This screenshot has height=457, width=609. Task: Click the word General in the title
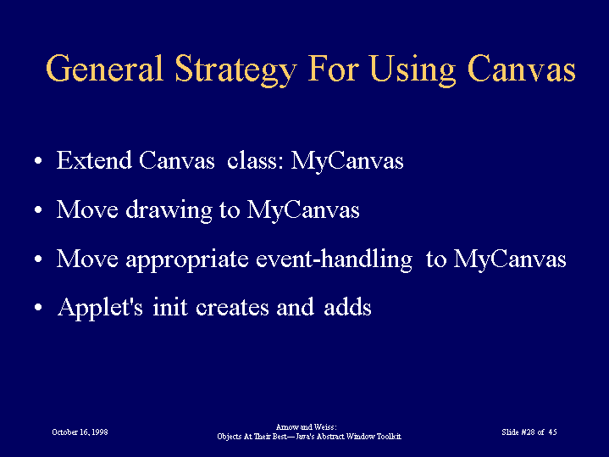click(104, 69)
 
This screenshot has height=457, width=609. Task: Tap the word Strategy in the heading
click(235, 70)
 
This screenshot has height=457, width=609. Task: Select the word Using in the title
click(412, 70)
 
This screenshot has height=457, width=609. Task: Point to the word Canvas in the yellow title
click(521, 69)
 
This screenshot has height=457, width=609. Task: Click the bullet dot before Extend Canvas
click(37, 160)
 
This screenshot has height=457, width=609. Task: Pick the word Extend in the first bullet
click(94, 160)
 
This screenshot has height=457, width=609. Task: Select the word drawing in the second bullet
click(169, 210)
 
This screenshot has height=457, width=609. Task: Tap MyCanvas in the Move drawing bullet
click(303, 210)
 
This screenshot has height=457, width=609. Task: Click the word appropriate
click(187, 259)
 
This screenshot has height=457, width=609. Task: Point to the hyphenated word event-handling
click(334, 259)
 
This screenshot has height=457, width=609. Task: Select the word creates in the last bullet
click(232, 308)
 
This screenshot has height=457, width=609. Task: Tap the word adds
click(347, 307)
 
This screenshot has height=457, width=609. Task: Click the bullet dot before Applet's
click(37, 307)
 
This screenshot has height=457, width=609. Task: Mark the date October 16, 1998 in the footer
click(80, 432)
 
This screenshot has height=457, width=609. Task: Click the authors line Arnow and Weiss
click(306, 427)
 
